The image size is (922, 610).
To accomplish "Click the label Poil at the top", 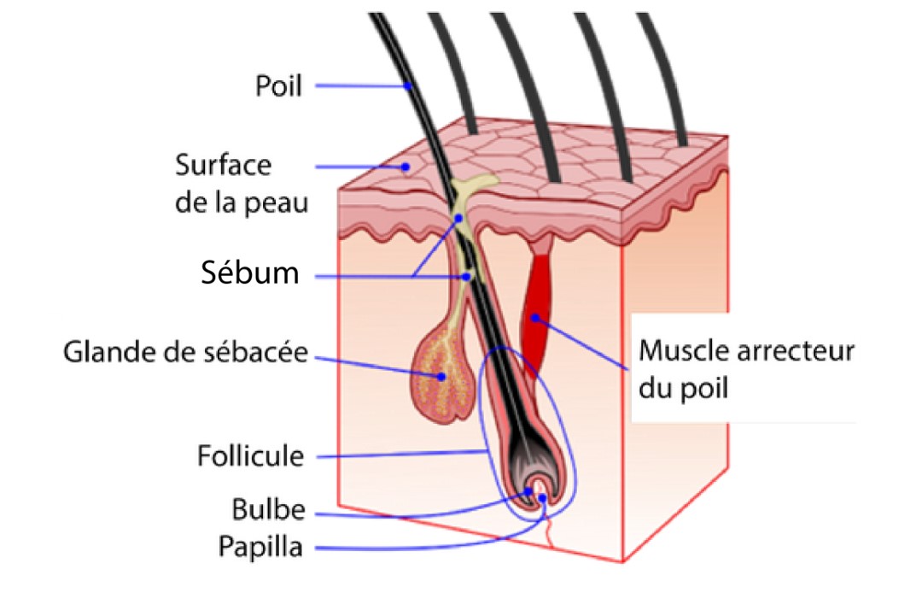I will [278, 85].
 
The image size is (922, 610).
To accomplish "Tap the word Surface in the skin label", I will [224, 164].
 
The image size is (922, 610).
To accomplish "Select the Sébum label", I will [250, 273].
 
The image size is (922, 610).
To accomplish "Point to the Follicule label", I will [250, 455].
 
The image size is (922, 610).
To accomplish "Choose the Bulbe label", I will [267, 510].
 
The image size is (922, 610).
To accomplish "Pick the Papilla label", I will [260, 546].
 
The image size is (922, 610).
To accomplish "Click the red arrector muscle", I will [537, 308].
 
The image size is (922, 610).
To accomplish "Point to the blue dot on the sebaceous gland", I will [442, 376].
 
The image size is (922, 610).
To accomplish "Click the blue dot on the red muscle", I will [535, 318].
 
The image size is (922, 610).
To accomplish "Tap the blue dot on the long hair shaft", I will [409, 85].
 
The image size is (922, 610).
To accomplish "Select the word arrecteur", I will [802, 351].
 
